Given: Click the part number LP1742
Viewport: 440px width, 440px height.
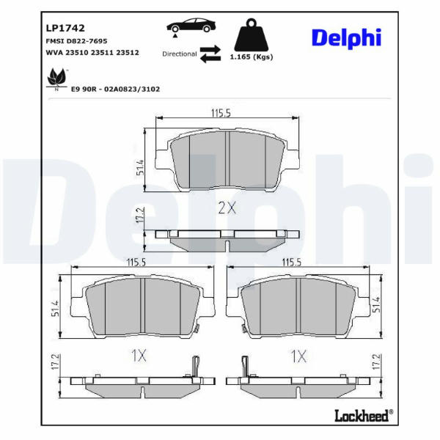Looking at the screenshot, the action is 65,28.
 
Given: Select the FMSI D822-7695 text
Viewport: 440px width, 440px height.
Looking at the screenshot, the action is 76,41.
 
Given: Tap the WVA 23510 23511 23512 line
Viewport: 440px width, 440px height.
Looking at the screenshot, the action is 92,53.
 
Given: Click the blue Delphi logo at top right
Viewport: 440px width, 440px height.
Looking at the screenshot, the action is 346,38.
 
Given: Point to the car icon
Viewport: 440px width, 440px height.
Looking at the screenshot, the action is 191,27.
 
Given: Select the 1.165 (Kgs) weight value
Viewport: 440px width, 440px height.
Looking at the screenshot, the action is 252,57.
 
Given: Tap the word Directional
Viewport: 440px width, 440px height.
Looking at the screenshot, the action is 180,54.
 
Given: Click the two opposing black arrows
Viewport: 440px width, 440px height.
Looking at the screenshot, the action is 210,54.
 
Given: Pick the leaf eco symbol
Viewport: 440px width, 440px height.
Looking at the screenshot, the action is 56,79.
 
